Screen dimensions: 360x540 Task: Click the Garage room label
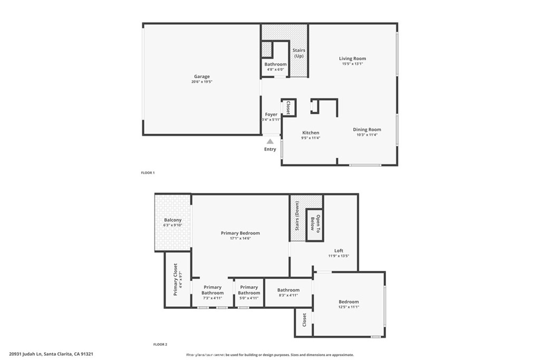click(201, 76)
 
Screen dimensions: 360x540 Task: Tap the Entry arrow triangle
click(270, 141)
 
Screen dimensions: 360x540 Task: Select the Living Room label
click(352, 59)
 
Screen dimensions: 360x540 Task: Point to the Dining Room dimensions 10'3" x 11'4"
click(367, 135)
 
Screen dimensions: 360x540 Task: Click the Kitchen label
click(310, 133)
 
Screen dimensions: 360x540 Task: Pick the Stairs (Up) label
click(299, 53)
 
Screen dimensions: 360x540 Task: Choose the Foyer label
click(271, 114)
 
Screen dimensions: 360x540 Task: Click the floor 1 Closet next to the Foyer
click(288, 108)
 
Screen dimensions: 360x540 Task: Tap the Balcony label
click(172, 220)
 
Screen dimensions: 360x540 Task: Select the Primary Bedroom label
click(240, 233)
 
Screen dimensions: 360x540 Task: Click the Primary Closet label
click(176, 279)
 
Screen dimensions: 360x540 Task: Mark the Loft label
click(339, 251)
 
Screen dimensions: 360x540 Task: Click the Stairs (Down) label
click(297, 217)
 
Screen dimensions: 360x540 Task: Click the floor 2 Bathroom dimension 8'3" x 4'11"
click(288, 296)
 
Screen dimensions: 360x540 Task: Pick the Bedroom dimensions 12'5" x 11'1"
click(349, 307)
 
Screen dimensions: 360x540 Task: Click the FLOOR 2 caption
click(160, 345)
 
